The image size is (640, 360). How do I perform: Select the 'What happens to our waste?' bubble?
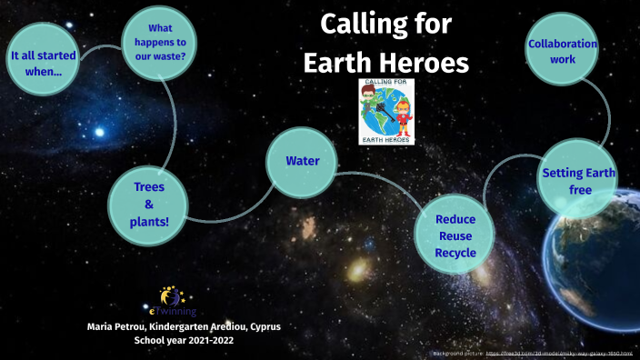click(160, 42)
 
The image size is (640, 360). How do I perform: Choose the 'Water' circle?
click(301, 162)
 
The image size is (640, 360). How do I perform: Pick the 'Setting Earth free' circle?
click(579, 181)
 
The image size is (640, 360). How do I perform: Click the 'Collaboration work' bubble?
click(563, 51)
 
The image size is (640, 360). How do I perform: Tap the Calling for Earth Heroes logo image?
click(386, 111)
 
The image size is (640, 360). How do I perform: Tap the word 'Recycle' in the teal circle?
click(455, 252)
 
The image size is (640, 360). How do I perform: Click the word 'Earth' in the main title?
click(347, 62)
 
